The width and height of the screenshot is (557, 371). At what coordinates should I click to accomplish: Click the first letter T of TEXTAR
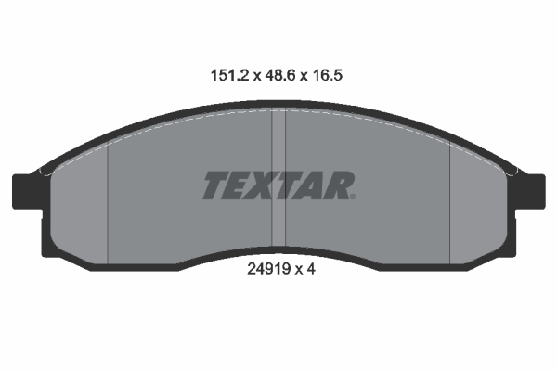pos(216,185)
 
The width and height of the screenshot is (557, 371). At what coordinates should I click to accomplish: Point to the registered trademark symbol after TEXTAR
pos(351,195)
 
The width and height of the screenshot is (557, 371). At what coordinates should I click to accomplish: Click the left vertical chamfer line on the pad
pos(110,204)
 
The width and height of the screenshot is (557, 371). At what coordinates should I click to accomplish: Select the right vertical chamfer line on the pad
pos(449,204)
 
